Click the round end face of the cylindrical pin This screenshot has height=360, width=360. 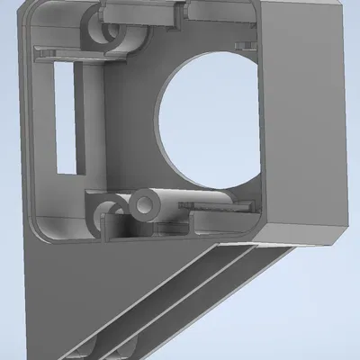[142, 206]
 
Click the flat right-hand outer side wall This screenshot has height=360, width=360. [306, 117]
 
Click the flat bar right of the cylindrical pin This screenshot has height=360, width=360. [216, 209]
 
